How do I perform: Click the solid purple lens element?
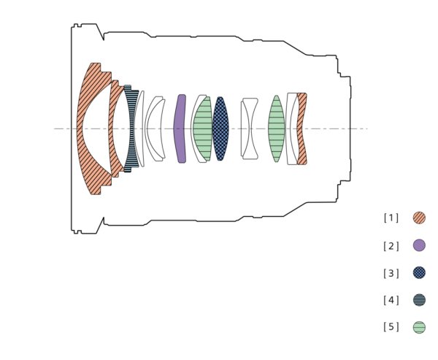(x=180, y=129)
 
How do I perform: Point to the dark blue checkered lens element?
(x=220, y=129)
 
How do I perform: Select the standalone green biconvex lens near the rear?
(x=276, y=129)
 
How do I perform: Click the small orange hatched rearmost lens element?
(x=301, y=129)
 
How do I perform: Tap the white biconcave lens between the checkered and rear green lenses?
(x=250, y=129)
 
